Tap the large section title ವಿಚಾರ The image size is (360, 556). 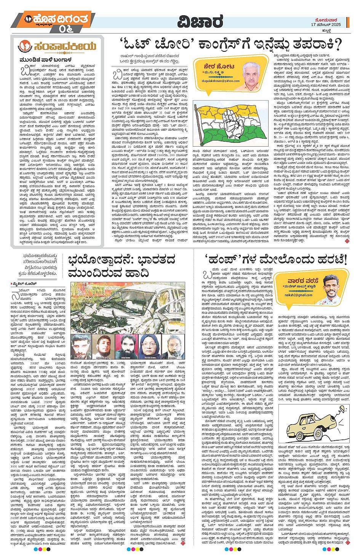200,22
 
